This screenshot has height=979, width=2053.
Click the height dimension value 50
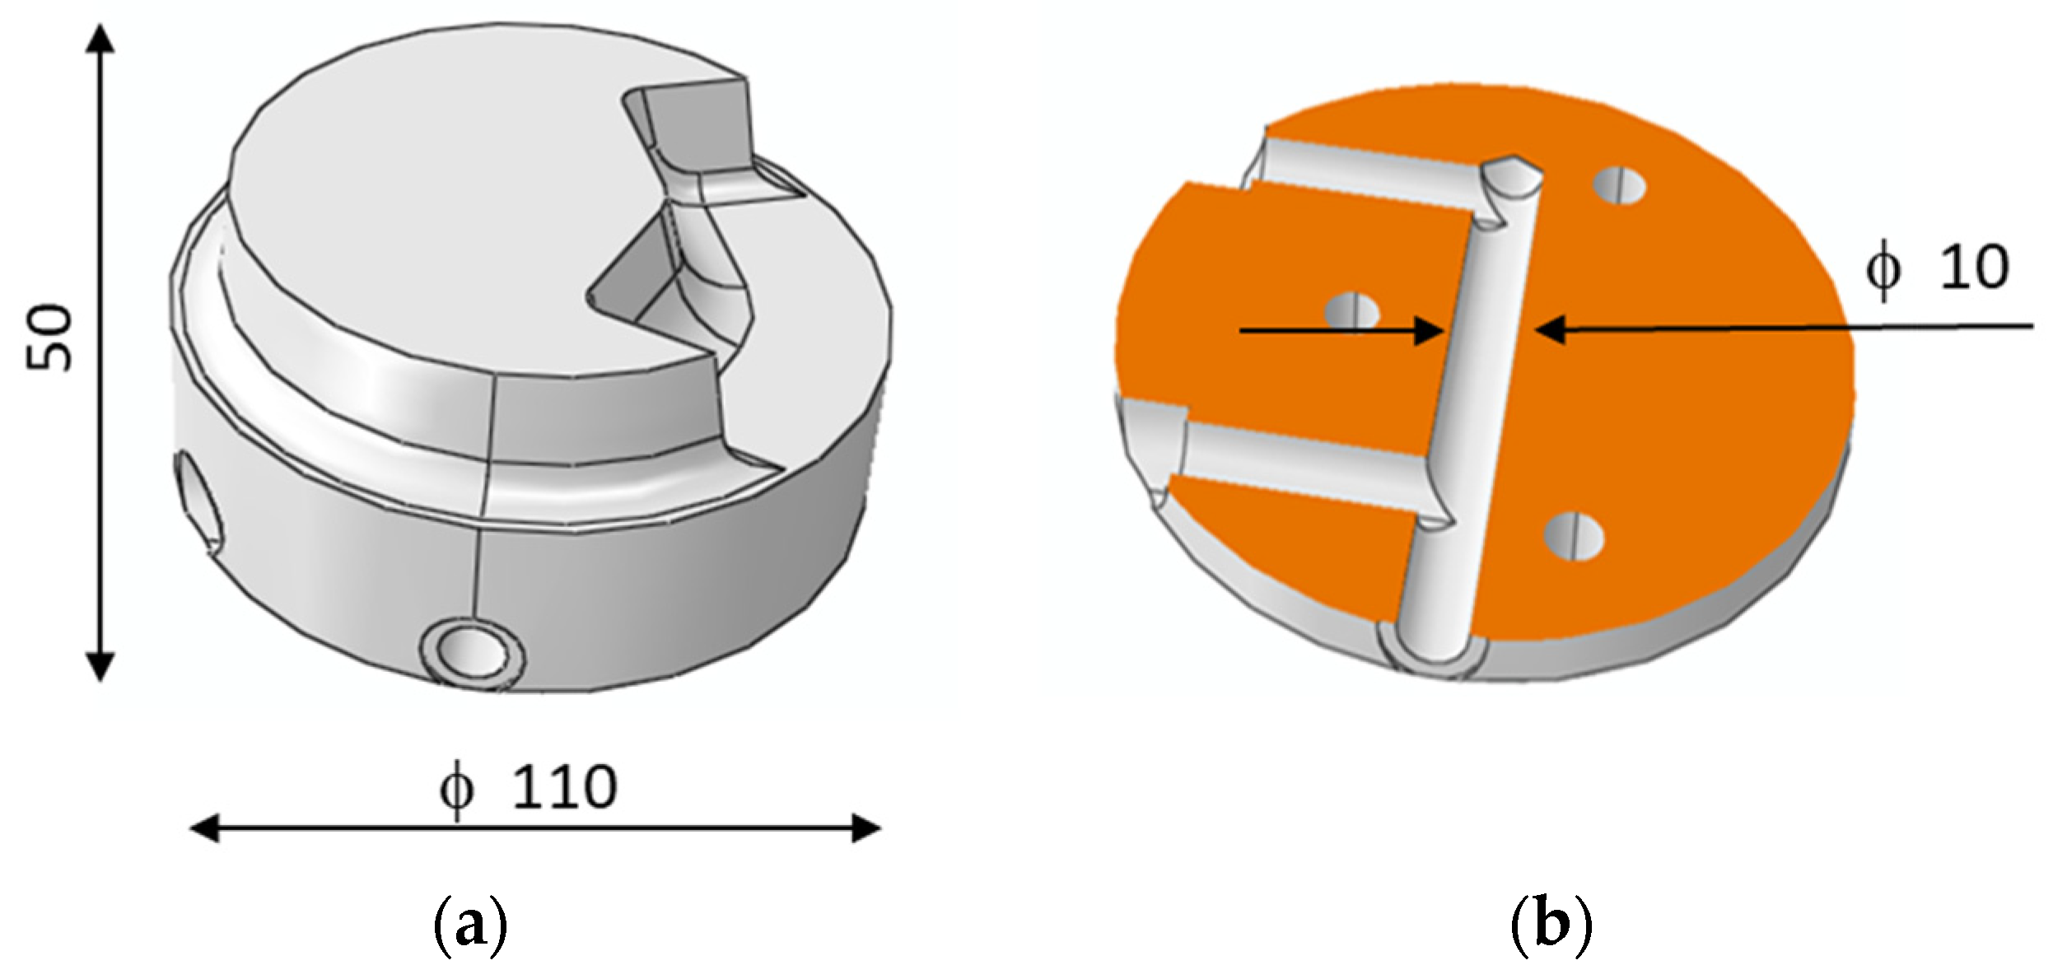pyautogui.click(x=49, y=338)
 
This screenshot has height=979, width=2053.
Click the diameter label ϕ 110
pyautogui.click(x=527, y=789)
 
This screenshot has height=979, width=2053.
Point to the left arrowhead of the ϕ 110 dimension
pyautogui.click(x=204, y=828)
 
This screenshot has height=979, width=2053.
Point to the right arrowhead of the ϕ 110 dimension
pyautogui.click(x=866, y=828)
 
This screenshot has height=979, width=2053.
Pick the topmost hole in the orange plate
pyautogui.click(x=1619, y=186)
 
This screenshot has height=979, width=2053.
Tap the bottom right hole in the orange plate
pyautogui.click(x=1574, y=537)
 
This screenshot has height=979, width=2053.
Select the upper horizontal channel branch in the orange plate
pyautogui.click(x=1367, y=183)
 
